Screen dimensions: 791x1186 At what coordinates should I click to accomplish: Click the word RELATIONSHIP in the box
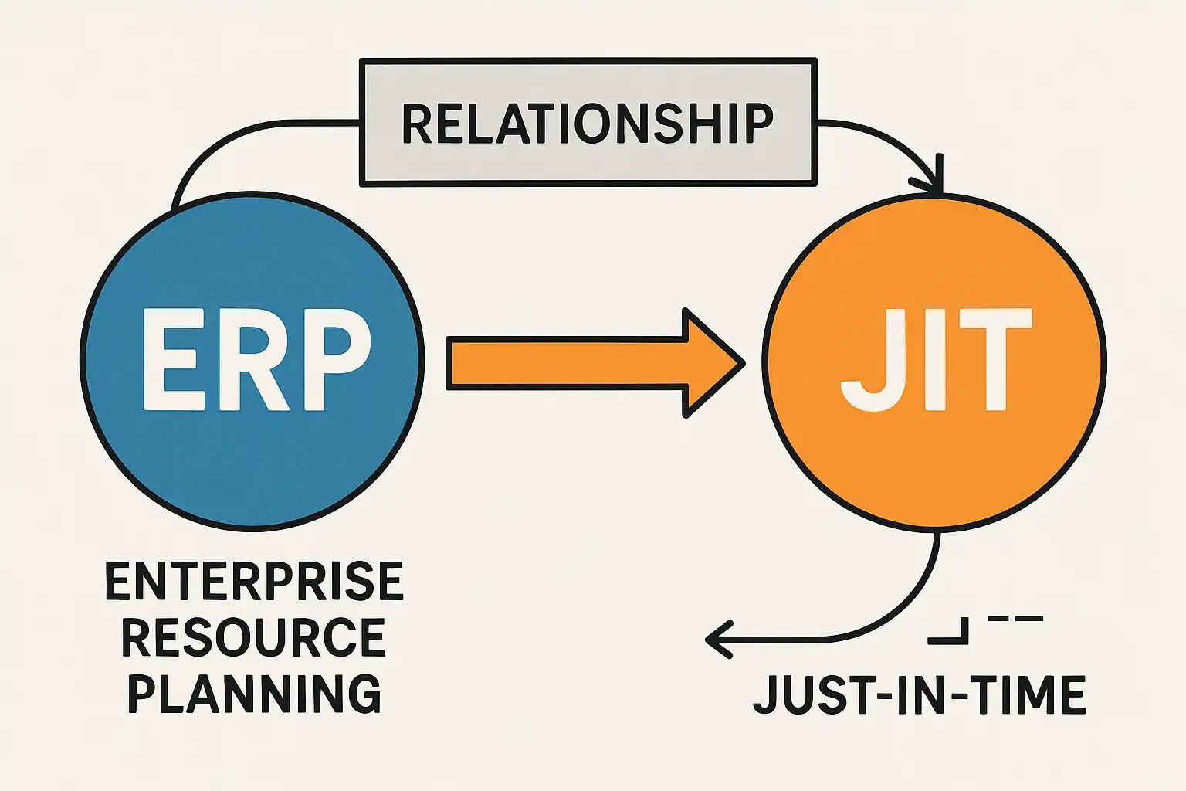pyautogui.click(x=587, y=124)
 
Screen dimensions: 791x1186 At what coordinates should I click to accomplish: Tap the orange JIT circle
pyautogui.click(x=934, y=471)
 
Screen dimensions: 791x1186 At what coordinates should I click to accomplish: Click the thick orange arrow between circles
pyautogui.click(x=571, y=362)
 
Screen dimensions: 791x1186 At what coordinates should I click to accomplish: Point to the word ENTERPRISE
pyautogui.click(x=254, y=582)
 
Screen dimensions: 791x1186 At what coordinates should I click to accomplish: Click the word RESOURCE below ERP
pyautogui.click(x=254, y=637)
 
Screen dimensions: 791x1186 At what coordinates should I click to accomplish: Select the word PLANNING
pyautogui.click(x=254, y=693)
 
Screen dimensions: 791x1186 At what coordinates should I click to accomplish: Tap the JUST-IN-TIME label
pyautogui.click(x=919, y=694)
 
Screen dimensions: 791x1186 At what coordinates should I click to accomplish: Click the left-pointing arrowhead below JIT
pyautogui.click(x=717, y=640)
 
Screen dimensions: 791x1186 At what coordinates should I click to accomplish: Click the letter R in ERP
pyautogui.click(x=255, y=359)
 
